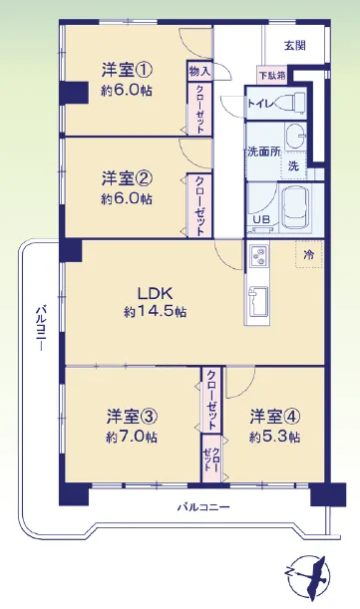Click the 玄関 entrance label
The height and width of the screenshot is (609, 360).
tap(295, 46)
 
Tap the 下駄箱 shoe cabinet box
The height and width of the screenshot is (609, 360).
tap(272, 76)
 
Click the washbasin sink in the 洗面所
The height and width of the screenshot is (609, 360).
tap(295, 136)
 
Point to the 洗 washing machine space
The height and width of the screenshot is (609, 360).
tap(293, 165)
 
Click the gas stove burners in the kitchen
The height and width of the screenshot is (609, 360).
tap(257, 256)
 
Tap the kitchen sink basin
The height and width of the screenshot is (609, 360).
tap(257, 302)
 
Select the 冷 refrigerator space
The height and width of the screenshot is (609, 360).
tap(309, 254)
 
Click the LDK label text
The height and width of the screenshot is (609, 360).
tap(156, 294)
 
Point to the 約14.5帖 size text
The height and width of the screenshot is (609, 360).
tap(156, 312)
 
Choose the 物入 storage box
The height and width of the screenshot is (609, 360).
tap(199, 71)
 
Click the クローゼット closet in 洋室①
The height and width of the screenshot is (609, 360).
tap(199, 109)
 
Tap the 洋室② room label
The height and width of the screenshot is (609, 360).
tap(127, 179)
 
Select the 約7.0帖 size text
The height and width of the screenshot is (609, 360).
tap(132, 437)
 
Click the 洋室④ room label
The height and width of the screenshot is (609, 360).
tap(275, 418)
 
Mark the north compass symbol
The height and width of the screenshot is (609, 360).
tap(306, 575)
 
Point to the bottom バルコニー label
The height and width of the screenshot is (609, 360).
tap(203, 507)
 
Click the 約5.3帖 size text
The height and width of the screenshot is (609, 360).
tap(274, 437)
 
